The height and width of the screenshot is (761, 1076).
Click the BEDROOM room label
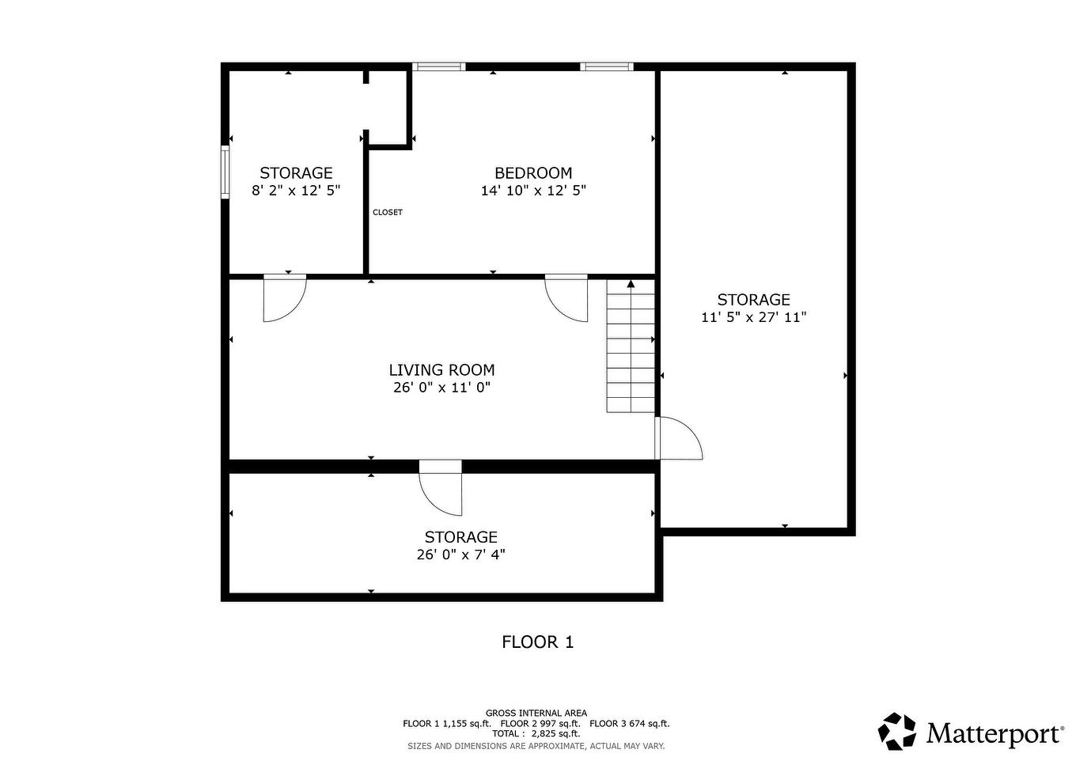pos(533,173)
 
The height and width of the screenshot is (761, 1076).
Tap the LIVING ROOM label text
pos(441,370)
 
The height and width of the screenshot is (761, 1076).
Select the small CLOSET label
pos(388,212)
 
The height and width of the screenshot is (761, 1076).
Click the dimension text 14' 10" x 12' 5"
pos(533,191)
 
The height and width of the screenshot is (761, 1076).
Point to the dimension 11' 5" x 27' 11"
pos(754,317)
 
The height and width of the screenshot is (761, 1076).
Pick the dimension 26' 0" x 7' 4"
pos(460,555)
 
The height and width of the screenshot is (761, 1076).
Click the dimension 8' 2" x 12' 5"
pos(296,191)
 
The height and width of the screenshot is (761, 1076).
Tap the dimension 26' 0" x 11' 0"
pos(441,388)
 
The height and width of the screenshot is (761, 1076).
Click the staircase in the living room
pos(631,346)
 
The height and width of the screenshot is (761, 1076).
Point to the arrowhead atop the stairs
pos(631,284)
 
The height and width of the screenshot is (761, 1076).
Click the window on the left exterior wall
pos(225,172)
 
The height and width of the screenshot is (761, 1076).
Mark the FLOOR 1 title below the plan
pos(537,642)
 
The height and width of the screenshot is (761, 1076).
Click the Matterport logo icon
pos(897,731)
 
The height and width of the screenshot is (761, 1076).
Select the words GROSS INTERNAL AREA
pos(536,714)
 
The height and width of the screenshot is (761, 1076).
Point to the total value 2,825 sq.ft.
pos(555,733)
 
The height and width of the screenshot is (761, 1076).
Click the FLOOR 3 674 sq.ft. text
pos(629,724)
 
